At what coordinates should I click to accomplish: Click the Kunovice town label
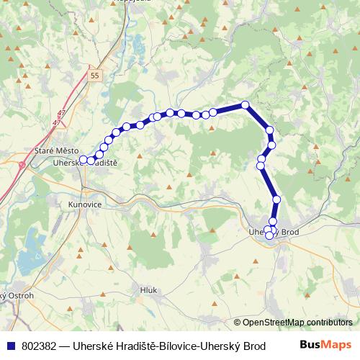click(83, 204)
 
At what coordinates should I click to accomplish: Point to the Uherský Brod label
click(273, 232)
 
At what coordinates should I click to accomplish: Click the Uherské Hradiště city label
click(85, 163)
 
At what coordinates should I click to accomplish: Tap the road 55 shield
click(96, 75)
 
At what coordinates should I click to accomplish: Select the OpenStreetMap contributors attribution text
click(293, 323)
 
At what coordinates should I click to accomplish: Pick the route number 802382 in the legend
click(40, 346)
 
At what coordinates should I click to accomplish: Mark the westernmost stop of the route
click(84, 159)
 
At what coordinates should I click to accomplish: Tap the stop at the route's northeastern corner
click(246, 105)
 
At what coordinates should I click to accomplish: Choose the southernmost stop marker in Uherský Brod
click(269, 235)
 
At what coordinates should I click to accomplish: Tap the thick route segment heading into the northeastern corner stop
click(229, 109)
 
